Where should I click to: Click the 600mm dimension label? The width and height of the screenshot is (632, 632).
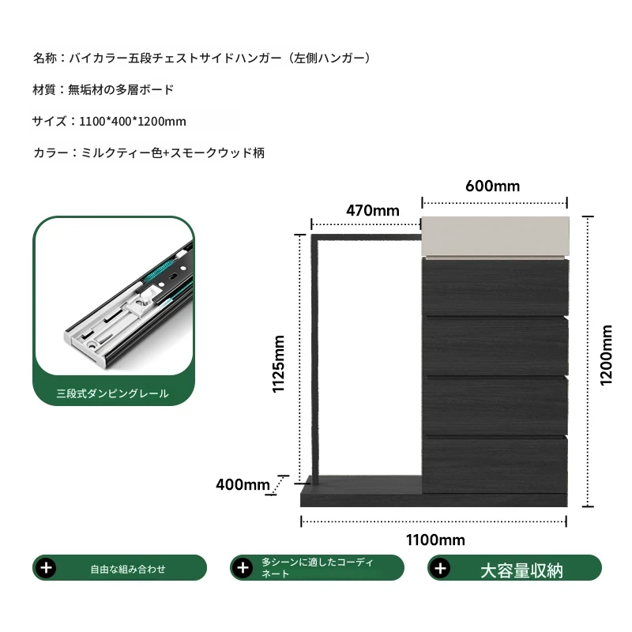pyautogui.click(x=492, y=186)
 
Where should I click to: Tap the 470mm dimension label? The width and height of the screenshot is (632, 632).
pyautogui.click(x=373, y=211)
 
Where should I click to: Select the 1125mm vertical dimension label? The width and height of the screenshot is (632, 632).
pyautogui.click(x=279, y=363)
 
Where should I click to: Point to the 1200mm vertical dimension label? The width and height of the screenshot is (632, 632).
pyautogui.click(x=606, y=355)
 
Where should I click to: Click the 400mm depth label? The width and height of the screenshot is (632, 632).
pyautogui.click(x=243, y=484)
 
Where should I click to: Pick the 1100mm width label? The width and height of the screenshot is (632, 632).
pyautogui.click(x=435, y=540)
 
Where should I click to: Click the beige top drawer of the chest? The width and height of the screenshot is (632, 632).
pyautogui.click(x=495, y=236)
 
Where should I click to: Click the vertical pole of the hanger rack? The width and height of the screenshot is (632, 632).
pyautogui.click(x=315, y=359)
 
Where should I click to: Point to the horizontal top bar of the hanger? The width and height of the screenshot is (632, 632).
pyautogui.click(x=367, y=238)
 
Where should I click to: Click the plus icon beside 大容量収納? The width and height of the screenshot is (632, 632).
pyautogui.click(x=441, y=568)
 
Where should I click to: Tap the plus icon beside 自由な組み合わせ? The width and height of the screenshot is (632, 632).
pyautogui.click(x=47, y=568)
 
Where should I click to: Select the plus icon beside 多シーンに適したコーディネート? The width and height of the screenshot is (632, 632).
pyautogui.click(x=243, y=568)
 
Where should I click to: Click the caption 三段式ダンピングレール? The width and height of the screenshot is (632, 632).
pyautogui.click(x=112, y=393)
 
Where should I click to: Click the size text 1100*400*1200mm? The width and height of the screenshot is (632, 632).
pyautogui.click(x=133, y=122)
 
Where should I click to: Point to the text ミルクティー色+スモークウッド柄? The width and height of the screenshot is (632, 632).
pyautogui.click(x=173, y=152)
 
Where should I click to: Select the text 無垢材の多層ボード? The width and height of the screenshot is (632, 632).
pyautogui.click(x=121, y=89)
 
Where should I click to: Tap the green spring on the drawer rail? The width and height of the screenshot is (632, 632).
pyautogui.click(x=160, y=271)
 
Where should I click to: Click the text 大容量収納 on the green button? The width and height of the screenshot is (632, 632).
pyautogui.click(x=521, y=570)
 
